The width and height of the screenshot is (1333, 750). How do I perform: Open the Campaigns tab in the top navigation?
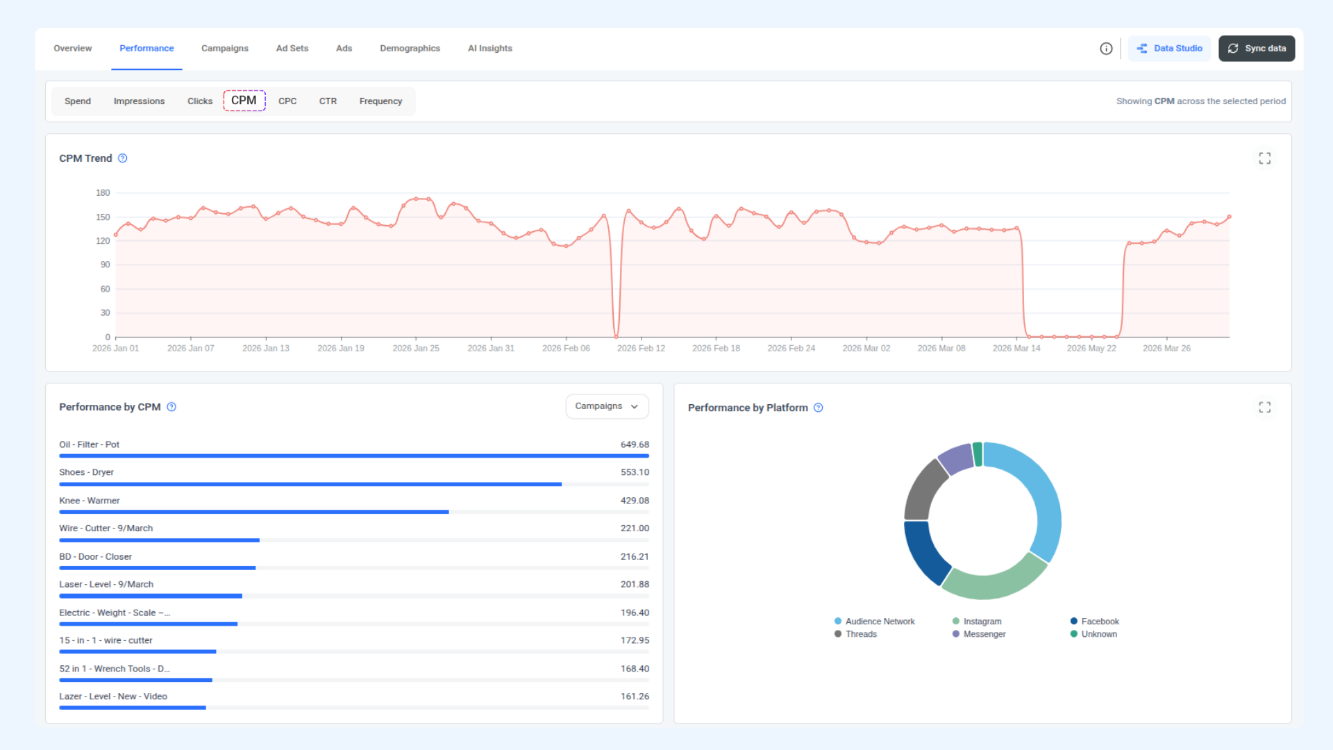pos(224,49)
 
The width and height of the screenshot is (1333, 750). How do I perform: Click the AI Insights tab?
pos(489,49)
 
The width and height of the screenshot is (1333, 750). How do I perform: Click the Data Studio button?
pos(1169,49)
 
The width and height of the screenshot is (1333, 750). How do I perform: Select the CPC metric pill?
pos(287,101)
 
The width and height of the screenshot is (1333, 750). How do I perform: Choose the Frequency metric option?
pos(380,101)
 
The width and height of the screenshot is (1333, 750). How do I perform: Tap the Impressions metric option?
pos(139,101)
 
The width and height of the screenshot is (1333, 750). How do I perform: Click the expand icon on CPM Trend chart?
pos(1264,158)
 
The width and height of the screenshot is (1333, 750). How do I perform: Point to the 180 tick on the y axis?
pos(103,193)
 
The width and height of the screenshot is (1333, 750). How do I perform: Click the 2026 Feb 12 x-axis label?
pos(641,349)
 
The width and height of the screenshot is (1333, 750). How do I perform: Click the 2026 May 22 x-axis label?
pos(1091,349)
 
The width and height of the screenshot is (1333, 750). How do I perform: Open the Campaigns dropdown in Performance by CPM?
pos(607,406)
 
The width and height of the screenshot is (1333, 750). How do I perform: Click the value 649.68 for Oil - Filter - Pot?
pos(635,444)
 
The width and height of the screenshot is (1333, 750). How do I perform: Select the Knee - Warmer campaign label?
pos(89,501)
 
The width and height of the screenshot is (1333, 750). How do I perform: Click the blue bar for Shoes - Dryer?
pos(310,484)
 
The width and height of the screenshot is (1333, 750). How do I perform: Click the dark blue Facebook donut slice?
pos(923,552)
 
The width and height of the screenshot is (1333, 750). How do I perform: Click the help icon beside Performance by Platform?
pos(819,408)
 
